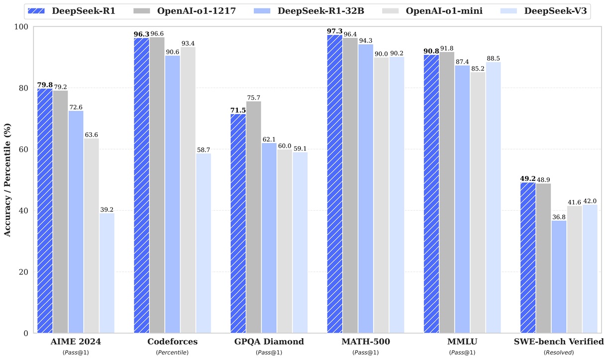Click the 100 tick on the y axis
(x=22, y=27)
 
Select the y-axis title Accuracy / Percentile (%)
(x=7, y=180)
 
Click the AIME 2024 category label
(x=76, y=342)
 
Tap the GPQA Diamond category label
(x=269, y=342)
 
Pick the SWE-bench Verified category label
(x=559, y=342)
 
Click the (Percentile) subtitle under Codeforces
(x=173, y=352)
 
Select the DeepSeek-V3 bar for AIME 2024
(x=106, y=273)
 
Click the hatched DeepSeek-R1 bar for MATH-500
(x=334, y=184)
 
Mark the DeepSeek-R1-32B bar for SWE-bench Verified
(x=559, y=276)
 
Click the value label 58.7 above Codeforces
(x=203, y=149)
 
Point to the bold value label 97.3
(x=334, y=31)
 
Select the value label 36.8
(x=559, y=216)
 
